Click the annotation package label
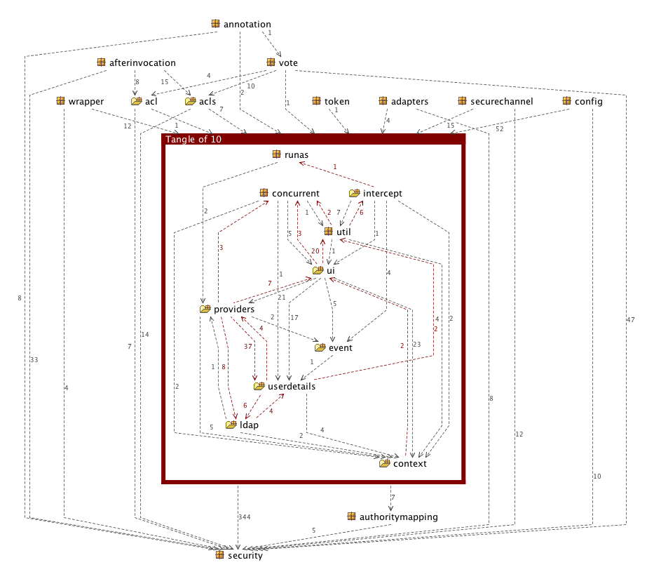click(247, 25)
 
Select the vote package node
click(287, 63)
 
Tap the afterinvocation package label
click(142, 63)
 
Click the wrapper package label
click(86, 102)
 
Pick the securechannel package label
click(501, 102)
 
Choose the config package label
click(588, 102)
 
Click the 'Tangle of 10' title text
click(193, 140)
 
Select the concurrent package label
click(295, 194)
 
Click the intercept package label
click(382, 194)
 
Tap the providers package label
click(233, 309)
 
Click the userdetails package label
click(292, 386)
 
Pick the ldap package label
click(249, 425)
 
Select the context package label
click(409, 463)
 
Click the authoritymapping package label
click(398, 517)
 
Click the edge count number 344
click(244, 517)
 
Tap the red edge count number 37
click(247, 347)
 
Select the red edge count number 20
click(315, 251)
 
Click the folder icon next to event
click(320, 347)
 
